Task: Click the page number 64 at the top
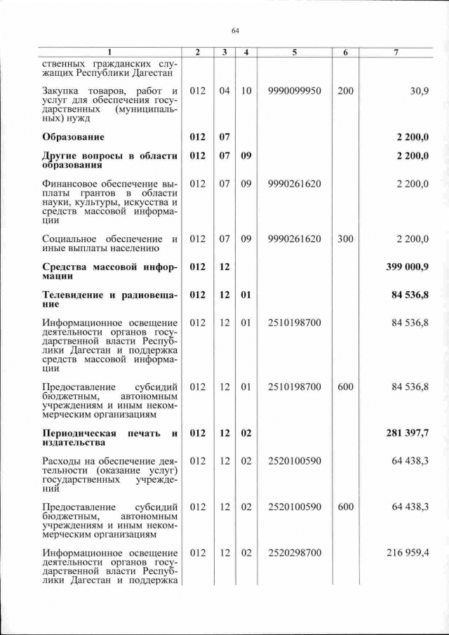coord(235,31)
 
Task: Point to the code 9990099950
coord(294,91)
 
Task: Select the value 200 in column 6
coord(345,91)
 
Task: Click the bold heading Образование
coord(74,136)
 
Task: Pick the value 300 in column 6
coord(345,239)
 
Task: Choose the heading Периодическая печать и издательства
coord(110,437)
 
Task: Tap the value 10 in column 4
coord(246,91)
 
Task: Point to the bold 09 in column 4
coord(246,156)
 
